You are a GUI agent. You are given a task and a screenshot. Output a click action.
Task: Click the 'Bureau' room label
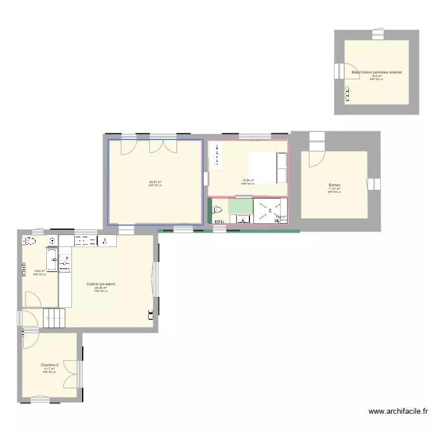tap(334, 185)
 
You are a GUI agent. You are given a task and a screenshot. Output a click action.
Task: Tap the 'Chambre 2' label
tap(49, 365)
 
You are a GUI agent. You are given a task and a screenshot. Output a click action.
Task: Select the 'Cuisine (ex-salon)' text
tap(101, 284)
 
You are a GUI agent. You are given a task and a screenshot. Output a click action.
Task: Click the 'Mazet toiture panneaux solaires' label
tap(376, 72)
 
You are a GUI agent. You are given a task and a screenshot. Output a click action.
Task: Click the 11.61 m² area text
tap(334, 189)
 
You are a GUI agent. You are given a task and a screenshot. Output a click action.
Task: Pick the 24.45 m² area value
tap(101, 288)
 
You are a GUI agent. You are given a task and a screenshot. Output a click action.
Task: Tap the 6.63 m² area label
tap(40, 271)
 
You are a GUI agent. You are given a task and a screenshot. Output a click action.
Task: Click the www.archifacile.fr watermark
tap(398, 412)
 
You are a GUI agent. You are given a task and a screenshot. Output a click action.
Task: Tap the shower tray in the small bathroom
tap(270, 211)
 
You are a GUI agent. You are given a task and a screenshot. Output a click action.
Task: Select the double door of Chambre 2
tap(71, 372)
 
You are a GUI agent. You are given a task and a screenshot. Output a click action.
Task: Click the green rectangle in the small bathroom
tap(240, 206)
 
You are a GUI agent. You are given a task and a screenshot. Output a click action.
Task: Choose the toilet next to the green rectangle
tap(218, 210)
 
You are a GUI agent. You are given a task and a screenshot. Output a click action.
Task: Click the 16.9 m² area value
tap(376, 76)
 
